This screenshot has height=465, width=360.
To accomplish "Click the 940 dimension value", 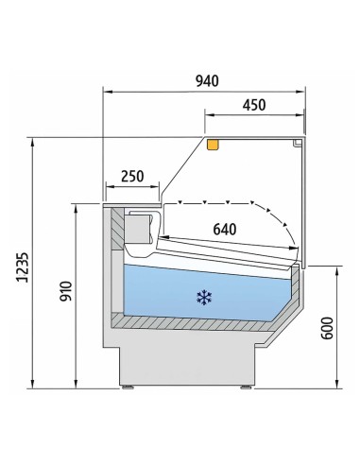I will [x=204, y=81].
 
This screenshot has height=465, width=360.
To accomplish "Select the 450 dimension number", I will [x=254, y=105].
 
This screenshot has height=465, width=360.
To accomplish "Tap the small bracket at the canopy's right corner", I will [x=299, y=144].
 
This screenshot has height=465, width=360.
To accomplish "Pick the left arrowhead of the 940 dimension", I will [x=107, y=92].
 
